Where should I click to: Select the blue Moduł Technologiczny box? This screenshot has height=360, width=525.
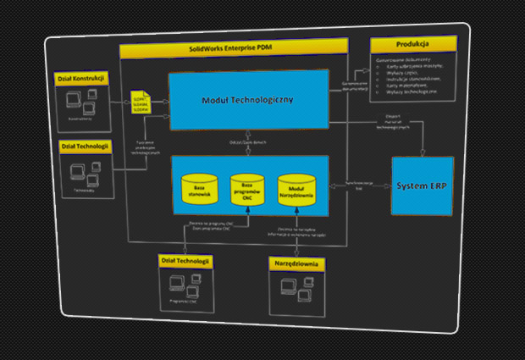tap(247, 101)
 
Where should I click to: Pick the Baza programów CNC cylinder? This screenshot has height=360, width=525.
tap(247, 190)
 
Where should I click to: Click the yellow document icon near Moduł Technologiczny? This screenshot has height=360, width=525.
tap(141, 102)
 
